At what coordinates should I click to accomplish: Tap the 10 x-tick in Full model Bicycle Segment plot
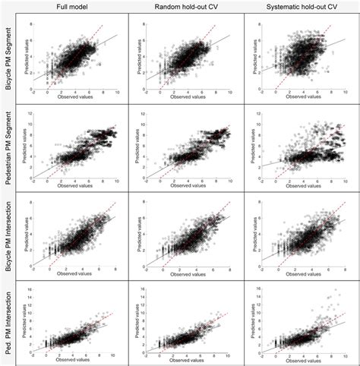116,91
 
